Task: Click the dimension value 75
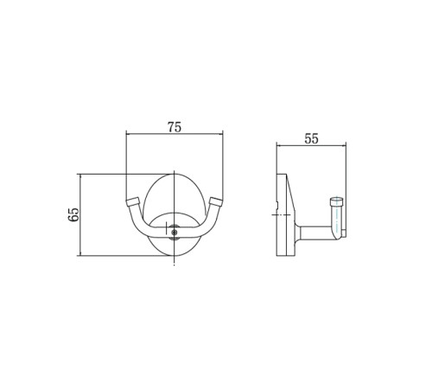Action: pos(175,127)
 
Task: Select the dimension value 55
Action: pos(312,139)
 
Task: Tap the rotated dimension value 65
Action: pos(73,214)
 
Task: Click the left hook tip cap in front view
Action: pos(132,201)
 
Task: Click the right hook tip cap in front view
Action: pos(216,201)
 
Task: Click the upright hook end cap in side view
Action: pos(336,201)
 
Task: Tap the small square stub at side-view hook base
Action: pos(344,233)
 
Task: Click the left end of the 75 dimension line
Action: pos(127,134)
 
